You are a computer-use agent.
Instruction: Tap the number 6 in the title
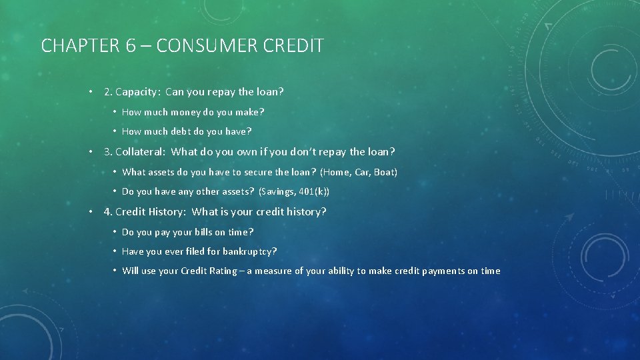(x=131, y=46)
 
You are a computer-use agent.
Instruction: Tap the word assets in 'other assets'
(x=236, y=192)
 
